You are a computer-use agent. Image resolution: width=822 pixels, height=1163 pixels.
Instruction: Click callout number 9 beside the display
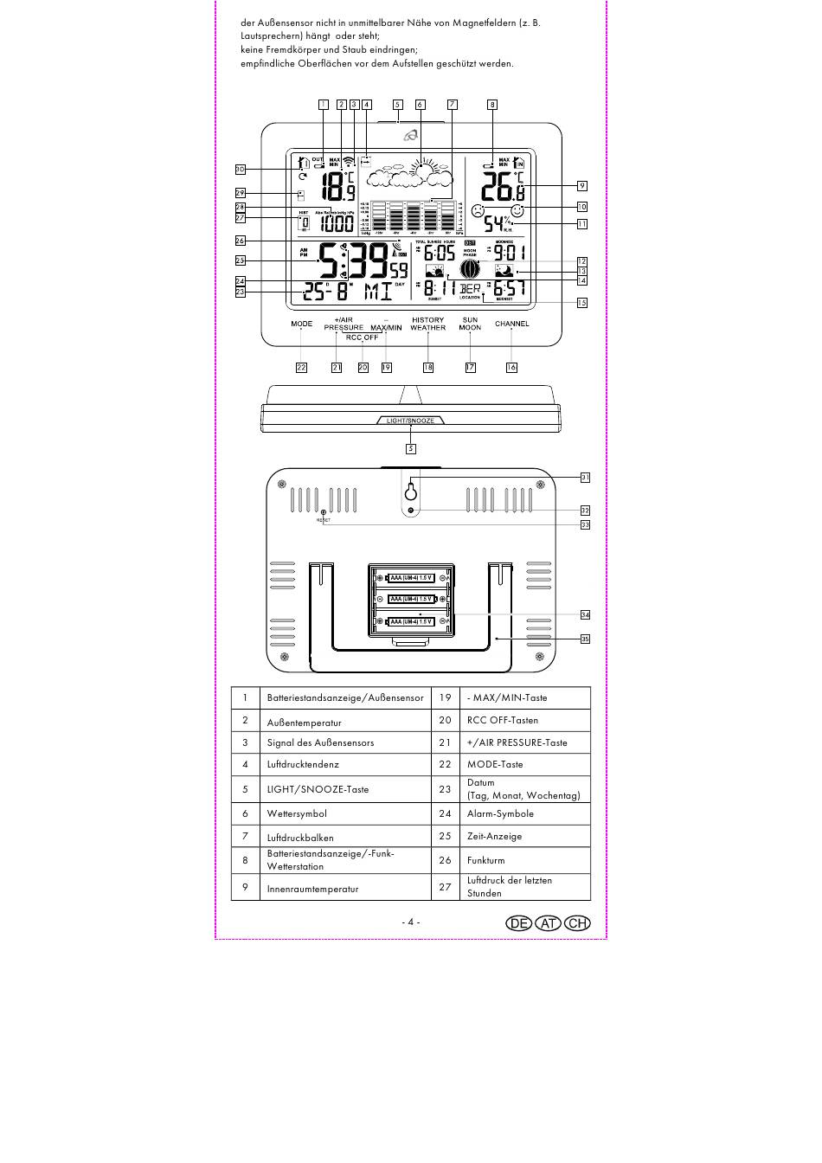[x=582, y=185]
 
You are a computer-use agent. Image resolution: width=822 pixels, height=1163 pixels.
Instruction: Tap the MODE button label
[x=301, y=324]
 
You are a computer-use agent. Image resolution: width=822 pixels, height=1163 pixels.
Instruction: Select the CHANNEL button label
[x=511, y=324]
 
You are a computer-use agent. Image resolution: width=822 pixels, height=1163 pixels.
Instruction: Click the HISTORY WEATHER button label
[x=427, y=324]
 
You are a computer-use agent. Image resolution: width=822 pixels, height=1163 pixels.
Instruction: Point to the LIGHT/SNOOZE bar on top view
[x=410, y=421]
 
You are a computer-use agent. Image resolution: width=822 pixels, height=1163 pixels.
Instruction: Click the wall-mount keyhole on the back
[x=410, y=492]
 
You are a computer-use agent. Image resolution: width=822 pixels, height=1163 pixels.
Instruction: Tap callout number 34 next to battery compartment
[x=585, y=614]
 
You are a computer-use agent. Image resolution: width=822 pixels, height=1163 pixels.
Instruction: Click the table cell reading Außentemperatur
[x=304, y=723]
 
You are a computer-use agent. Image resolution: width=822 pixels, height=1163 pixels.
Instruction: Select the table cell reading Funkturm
[x=485, y=860]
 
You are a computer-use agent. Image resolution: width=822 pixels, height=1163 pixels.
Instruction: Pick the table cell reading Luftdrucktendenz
[x=303, y=765]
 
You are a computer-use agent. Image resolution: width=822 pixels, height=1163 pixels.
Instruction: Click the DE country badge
[x=519, y=922]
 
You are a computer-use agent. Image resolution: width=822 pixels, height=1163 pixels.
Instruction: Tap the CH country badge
[x=577, y=922]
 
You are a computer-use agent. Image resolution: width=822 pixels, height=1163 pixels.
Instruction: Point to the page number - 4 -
[x=410, y=922]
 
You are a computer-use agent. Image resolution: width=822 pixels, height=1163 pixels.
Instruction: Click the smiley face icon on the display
[x=517, y=210]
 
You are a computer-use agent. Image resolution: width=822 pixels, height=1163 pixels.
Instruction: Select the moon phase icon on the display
[x=471, y=269]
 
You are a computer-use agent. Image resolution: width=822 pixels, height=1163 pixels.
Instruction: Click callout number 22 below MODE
[x=301, y=367]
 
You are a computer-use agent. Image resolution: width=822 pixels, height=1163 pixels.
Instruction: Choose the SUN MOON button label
[x=470, y=324]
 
